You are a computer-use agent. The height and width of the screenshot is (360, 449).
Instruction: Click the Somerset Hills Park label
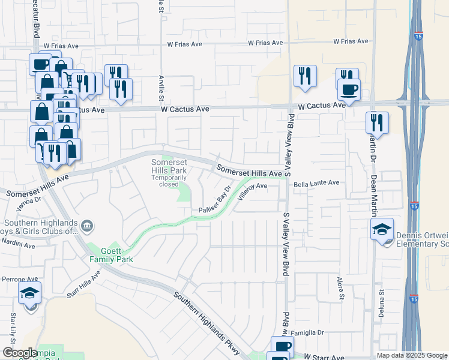point(169,167)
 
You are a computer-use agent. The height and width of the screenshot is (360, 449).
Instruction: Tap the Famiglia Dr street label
point(308,332)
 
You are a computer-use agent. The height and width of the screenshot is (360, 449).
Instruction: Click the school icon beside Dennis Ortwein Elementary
point(382,229)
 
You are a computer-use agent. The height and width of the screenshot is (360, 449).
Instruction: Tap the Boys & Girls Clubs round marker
point(88,226)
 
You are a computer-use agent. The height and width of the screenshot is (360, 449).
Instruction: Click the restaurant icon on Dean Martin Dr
point(377,122)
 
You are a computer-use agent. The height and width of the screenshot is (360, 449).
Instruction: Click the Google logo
point(20,353)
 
